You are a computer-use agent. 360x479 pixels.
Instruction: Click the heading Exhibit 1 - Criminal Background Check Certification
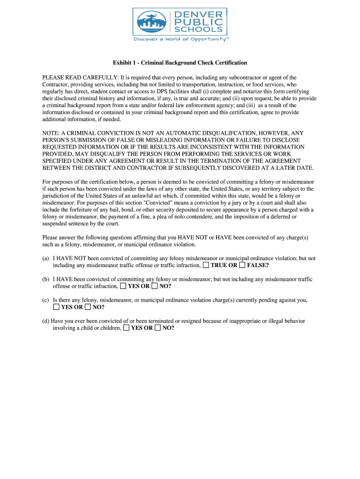click(x=180, y=63)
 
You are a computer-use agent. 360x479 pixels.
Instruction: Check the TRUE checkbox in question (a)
click(x=206, y=265)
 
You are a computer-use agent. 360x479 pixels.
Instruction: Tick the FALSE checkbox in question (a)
click(x=242, y=265)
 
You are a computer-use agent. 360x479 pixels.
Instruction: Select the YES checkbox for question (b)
click(x=123, y=286)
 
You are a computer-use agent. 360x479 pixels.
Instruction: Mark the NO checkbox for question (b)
click(x=154, y=286)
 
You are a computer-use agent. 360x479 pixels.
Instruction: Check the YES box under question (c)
click(x=56, y=307)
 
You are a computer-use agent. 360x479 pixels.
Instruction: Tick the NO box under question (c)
click(x=87, y=307)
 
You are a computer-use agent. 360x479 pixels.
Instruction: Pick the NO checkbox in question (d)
click(x=158, y=328)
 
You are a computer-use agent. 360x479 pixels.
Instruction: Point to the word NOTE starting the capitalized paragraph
click(x=50, y=133)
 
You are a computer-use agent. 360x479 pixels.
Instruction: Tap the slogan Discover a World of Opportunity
click(x=181, y=40)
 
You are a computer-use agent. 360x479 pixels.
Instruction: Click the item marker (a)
click(x=46, y=258)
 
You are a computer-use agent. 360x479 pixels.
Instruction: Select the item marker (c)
click(x=46, y=300)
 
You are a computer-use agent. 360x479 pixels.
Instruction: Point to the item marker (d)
click(x=46, y=321)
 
